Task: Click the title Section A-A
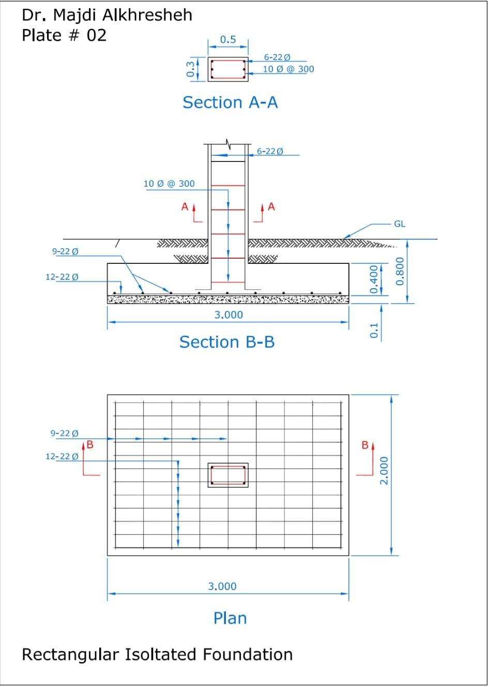point(230,102)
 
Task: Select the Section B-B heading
point(227,342)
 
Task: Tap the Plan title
point(230,618)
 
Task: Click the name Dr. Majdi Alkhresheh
point(107,15)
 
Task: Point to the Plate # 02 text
point(64,35)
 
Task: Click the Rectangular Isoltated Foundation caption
point(157,654)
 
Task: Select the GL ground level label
point(400,224)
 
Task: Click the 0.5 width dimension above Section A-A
point(228,40)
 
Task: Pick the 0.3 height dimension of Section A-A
point(191,69)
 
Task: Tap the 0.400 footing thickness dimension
point(374,279)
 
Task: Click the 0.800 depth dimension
point(400,271)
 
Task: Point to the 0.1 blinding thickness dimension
point(374,331)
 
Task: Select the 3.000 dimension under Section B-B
point(228,315)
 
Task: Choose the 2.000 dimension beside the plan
point(384,470)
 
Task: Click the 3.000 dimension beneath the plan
point(222,586)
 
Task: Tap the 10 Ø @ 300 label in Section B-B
point(169,184)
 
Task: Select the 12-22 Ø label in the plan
point(62,456)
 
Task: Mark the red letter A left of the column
point(185,207)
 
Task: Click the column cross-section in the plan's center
point(228,475)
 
